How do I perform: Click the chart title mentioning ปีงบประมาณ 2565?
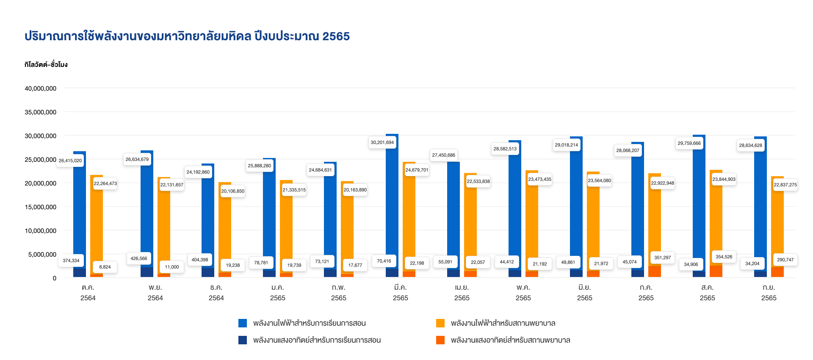coord(187,36)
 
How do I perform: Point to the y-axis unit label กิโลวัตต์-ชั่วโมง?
coord(46,65)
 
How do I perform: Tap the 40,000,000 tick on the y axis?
coord(41,89)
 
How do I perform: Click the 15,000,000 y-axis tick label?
coord(41,207)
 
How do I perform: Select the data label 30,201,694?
coord(382,142)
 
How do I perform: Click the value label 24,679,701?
coord(417,170)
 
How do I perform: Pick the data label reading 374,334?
coord(71,260)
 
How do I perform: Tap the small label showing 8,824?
coord(105,267)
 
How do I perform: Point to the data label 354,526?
coord(724,257)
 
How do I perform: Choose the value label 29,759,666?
coord(689,143)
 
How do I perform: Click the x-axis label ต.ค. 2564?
coord(88,293)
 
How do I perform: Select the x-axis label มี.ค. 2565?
coord(400,293)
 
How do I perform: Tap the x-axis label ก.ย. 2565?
coord(769,293)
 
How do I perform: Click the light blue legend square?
coord(243,323)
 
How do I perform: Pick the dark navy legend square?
coord(243,340)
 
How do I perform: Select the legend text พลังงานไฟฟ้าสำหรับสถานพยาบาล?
coord(503,323)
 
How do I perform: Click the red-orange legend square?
coord(440,340)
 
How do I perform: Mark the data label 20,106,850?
coord(232,191)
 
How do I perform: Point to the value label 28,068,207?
coord(628,150)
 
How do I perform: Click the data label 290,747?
coord(785,260)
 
